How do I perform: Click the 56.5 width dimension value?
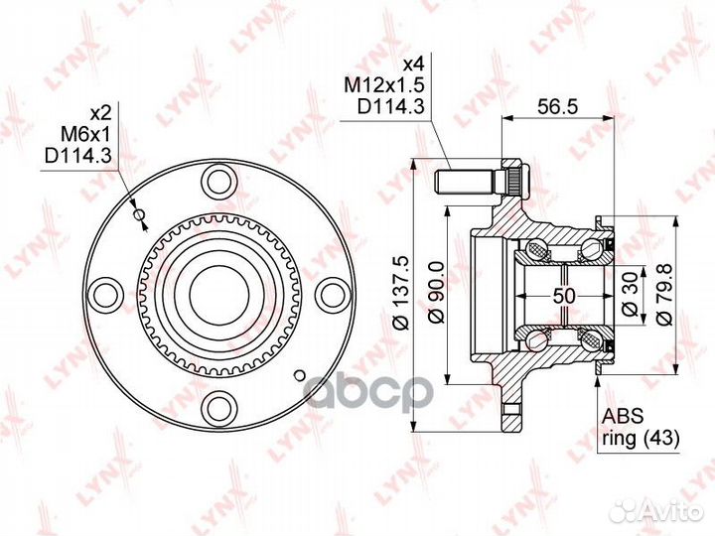click(x=557, y=106)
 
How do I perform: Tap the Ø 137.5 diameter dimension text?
click(x=402, y=292)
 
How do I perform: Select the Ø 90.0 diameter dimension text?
click(x=437, y=292)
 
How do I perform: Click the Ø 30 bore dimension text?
click(x=630, y=296)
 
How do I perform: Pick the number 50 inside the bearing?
click(x=564, y=296)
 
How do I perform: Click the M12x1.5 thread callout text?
click(x=384, y=84)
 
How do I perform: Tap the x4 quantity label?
click(x=413, y=64)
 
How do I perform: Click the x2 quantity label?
click(x=100, y=113)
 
